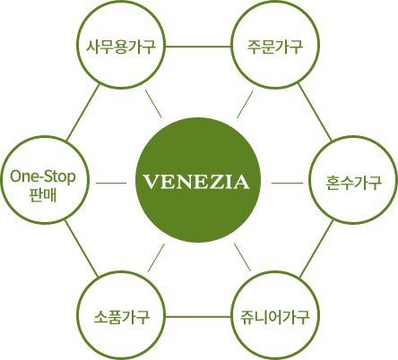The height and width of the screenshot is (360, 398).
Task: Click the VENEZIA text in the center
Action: pyautogui.click(x=196, y=182)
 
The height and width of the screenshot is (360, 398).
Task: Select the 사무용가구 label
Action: pyautogui.click(x=121, y=47)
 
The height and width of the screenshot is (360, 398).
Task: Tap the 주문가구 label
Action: pyautogui.click(x=275, y=47)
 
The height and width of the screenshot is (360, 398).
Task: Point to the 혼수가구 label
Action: pyautogui.click(x=353, y=182)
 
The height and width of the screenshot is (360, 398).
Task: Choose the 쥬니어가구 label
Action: pyautogui.click(x=275, y=317)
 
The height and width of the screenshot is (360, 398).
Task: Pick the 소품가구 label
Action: pyautogui.click(x=122, y=317)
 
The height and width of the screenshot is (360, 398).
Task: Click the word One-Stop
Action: pyautogui.click(x=43, y=176)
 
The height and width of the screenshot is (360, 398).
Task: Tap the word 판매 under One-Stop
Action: pyautogui.click(x=43, y=194)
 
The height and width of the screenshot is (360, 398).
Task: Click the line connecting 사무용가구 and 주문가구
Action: pyautogui.click(x=198, y=47)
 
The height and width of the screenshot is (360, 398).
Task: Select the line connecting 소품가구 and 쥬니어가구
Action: pyautogui.click(x=198, y=317)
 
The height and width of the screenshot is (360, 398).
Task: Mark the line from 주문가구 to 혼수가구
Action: pyautogui.click(x=315, y=113)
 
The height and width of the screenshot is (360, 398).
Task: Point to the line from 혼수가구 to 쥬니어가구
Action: pyautogui.click(x=316, y=249)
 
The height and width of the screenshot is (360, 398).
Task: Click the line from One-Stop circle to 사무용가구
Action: pyautogui.click(x=82, y=113)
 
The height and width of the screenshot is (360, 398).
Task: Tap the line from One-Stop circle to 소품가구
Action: pyautogui.click(x=81, y=248)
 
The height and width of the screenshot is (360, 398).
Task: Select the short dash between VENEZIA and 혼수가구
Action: pyautogui.click(x=287, y=183)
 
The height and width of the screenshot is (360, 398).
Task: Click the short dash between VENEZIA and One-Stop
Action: pyautogui.click(x=111, y=183)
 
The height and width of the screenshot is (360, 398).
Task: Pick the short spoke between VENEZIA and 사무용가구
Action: pyautogui.click(x=153, y=104)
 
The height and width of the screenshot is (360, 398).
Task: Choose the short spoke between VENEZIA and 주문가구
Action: pyautogui.click(x=245, y=105)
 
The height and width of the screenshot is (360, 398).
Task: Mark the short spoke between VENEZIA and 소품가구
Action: pyautogui.click(x=156, y=258)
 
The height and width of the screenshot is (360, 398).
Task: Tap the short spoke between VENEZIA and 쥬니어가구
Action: pyautogui.click(x=243, y=257)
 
